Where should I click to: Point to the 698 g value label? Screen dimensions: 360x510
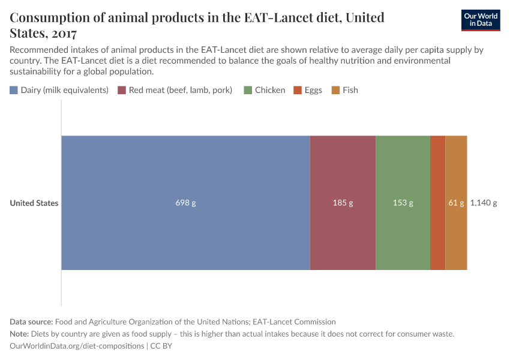pos(185,203)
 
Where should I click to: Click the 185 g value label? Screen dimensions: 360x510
pos(343,203)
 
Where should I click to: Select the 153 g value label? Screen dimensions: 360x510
pos(403,203)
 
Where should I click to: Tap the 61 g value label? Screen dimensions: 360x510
pos(456,203)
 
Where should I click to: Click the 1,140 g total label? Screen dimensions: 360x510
pos(484,203)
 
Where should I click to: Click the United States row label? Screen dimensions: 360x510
pos(34,203)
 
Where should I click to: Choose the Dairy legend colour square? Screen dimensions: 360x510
pos(14,90)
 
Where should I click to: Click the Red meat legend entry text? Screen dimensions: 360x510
pos(181,90)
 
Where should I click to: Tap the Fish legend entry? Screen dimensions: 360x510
pos(350,90)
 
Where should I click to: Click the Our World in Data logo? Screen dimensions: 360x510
pos(481,20)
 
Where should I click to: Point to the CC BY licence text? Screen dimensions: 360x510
pos(161,346)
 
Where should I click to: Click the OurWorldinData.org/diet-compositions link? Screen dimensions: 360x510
pos(77,346)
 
